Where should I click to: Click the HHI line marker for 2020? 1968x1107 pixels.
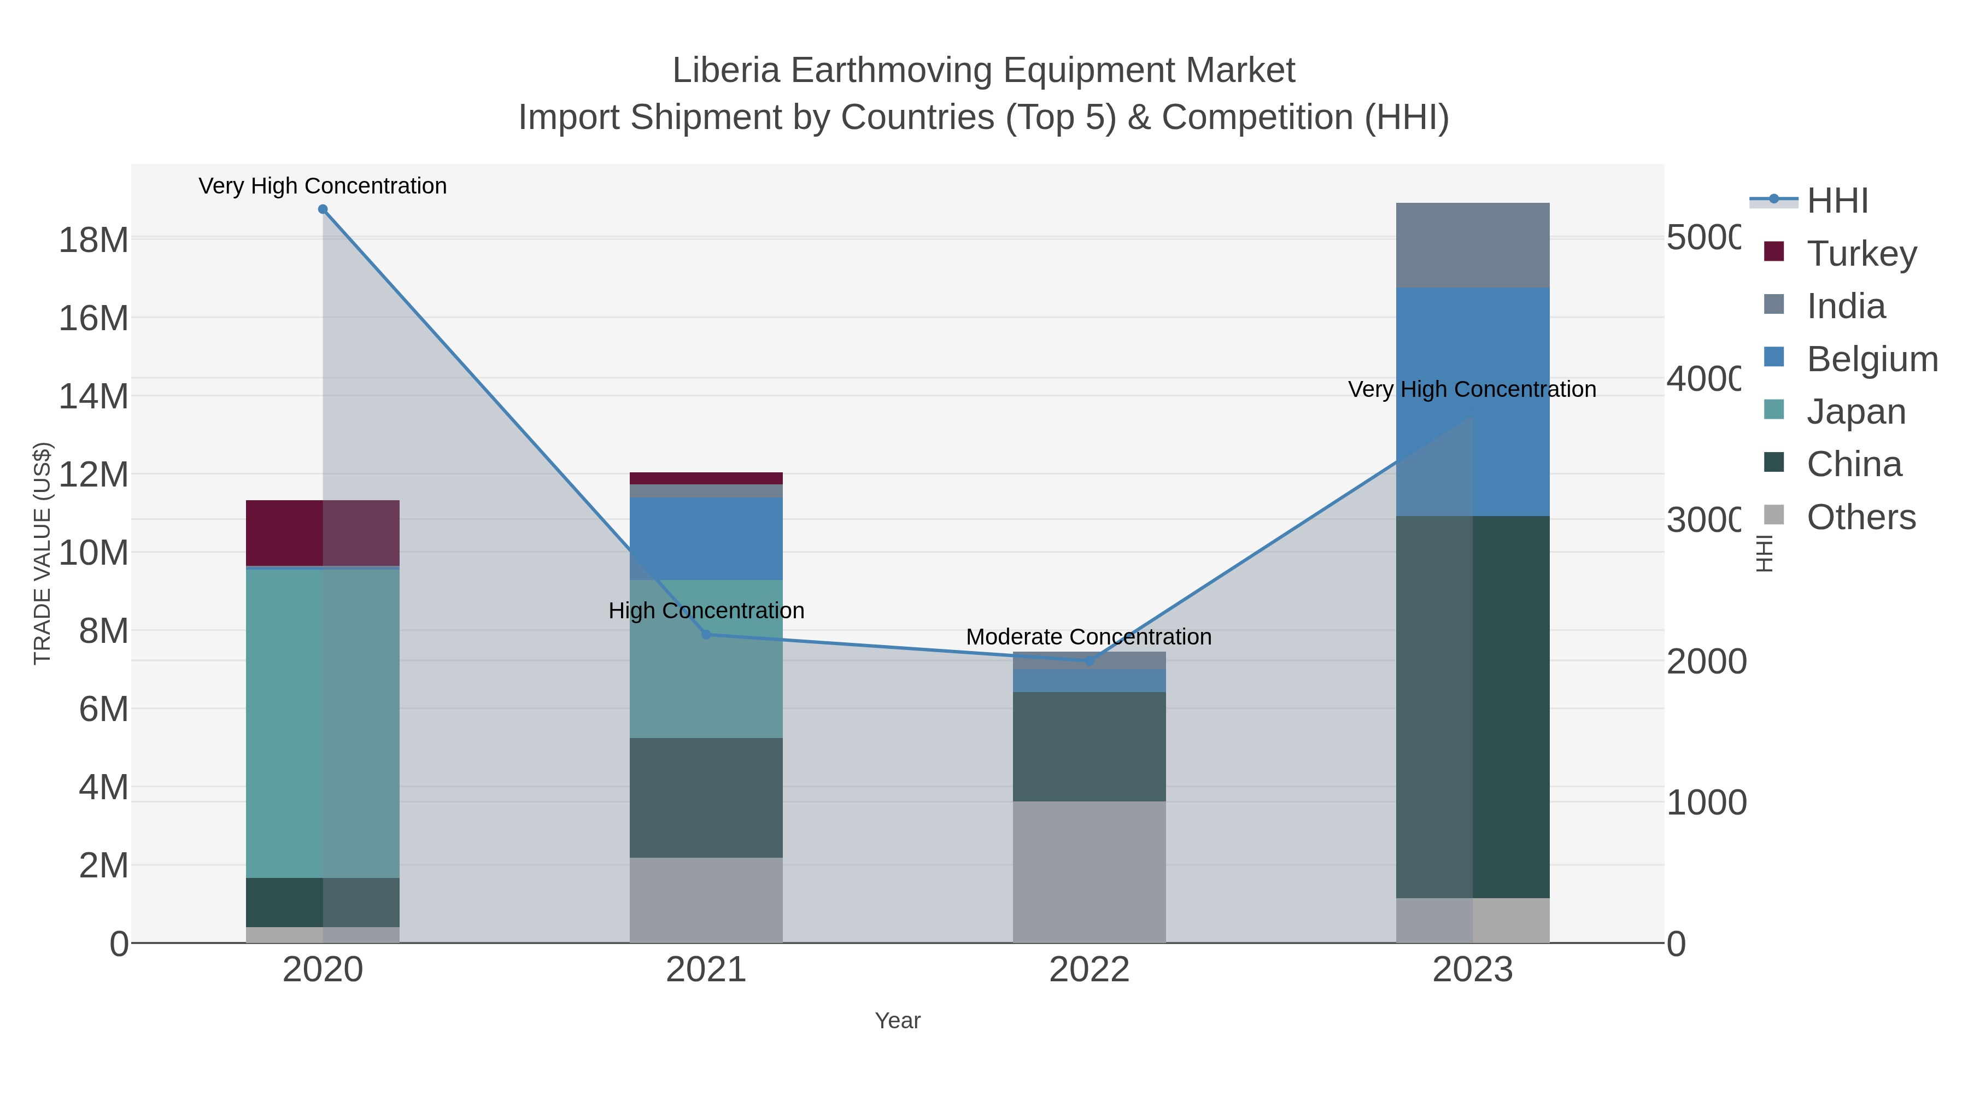point(323,209)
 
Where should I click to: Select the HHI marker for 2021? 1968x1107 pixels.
point(706,635)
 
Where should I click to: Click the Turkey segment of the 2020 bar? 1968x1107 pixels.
point(323,533)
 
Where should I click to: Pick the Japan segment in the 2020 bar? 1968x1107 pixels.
point(323,723)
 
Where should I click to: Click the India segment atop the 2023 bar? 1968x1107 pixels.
point(1472,245)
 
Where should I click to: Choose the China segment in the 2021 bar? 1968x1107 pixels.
point(706,798)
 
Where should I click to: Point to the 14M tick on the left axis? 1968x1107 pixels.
point(93,396)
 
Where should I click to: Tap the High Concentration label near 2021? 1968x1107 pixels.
point(706,611)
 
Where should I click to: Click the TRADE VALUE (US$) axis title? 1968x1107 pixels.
point(42,553)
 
